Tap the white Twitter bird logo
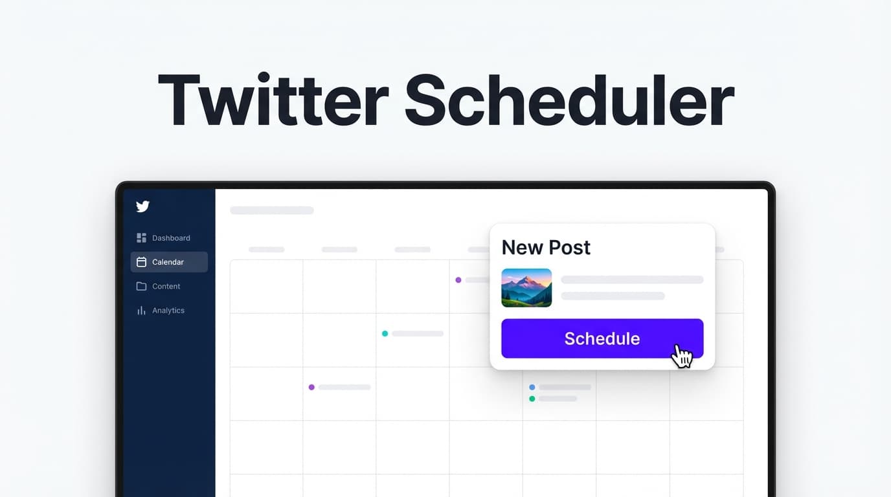point(142,206)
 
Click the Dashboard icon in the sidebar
point(141,238)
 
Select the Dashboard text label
point(171,238)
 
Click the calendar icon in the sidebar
point(141,262)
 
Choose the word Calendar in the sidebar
point(168,262)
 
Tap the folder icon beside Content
point(141,286)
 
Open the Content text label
point(166,286)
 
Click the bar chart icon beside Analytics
point(141,311)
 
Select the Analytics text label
point(168,311)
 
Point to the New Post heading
point(546,247)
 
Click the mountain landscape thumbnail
point(526,287)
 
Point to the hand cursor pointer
point(681,355)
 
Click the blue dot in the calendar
point(532,387)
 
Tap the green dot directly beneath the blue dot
point(532,399)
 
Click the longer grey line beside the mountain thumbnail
point(632,280)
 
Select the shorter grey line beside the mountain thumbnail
point(613,296)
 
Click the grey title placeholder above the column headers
point(272,210)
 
